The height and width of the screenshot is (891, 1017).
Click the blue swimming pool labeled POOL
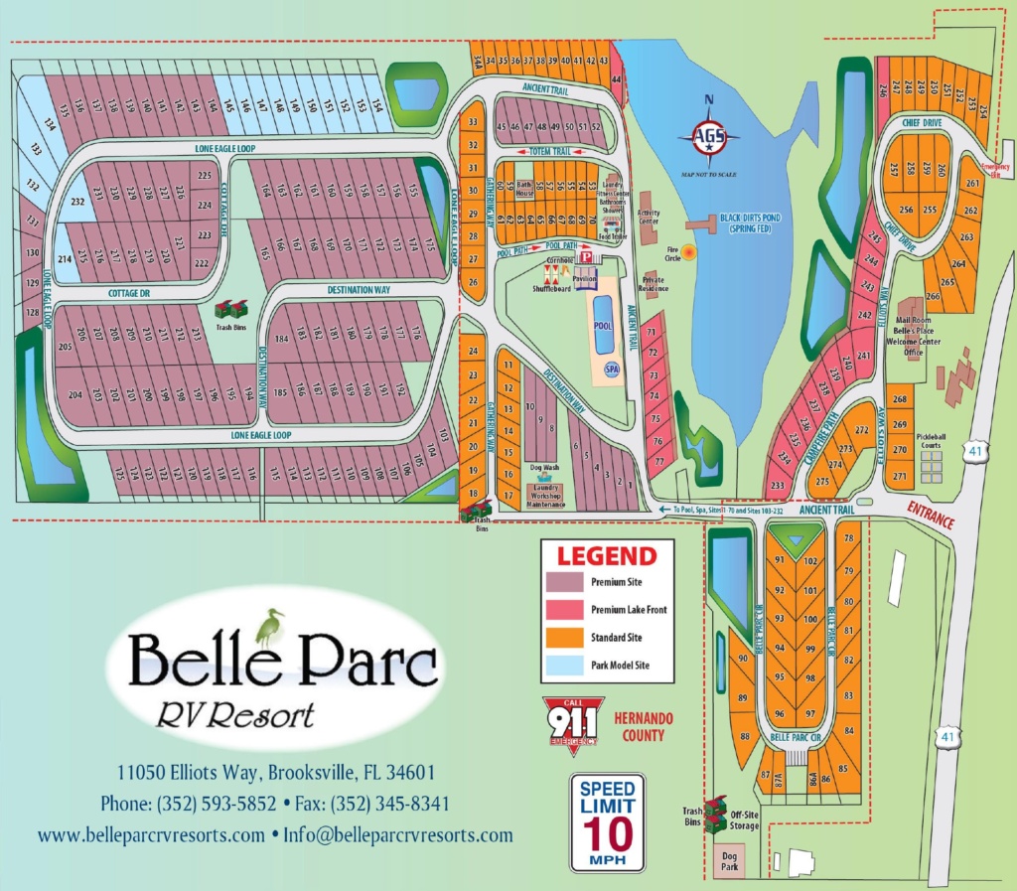(x=602, y=326)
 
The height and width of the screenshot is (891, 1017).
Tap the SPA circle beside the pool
(x=612, y=370)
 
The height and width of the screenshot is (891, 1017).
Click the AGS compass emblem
(x=708, y=138)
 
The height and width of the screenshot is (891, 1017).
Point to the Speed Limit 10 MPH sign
(x=607, y=821)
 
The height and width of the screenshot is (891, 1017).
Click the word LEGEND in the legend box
(x=606, y=556)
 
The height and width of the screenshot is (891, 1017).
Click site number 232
(x=78, y=202)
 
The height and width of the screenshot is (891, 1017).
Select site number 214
(x=66, y=260)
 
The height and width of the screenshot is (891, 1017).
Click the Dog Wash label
(x=544, y=467)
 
